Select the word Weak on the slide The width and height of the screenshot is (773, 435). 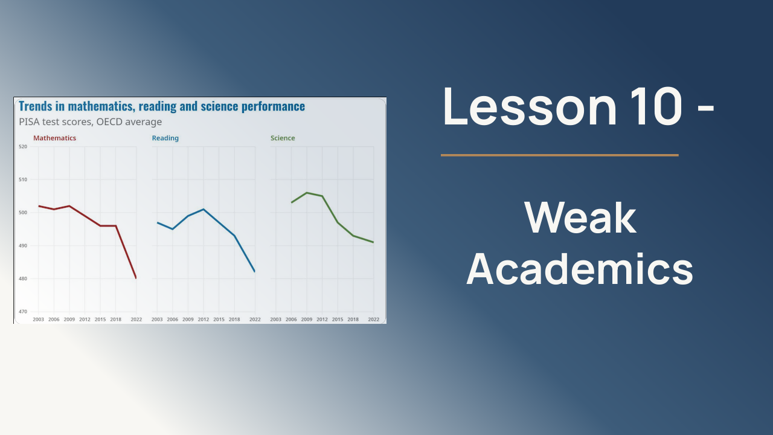pos(580,218)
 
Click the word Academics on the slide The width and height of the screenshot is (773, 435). pos(580,269)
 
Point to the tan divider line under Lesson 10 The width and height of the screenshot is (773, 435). pos(560,155)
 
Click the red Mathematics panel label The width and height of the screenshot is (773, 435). pos(54,138)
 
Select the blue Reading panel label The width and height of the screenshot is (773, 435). pos(165,138)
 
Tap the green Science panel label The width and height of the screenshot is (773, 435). pos(283,138)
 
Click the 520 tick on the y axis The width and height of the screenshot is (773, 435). pos(23,146)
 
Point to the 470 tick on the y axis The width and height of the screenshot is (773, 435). pos(23,311)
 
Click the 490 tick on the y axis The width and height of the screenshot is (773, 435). pos(23,245)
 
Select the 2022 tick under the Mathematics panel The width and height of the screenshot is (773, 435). pos(136,320)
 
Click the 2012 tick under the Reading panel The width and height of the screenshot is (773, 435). pos(204,320)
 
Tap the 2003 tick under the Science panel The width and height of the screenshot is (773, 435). pos(276,320)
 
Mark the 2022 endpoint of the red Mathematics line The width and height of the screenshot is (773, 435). pos(136,278)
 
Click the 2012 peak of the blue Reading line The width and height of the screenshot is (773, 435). pos(204,209)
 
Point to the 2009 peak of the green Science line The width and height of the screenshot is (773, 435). pos(307,193)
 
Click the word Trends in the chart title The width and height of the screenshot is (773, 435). pos(35,106)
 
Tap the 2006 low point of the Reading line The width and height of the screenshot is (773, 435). pos(173,229)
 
